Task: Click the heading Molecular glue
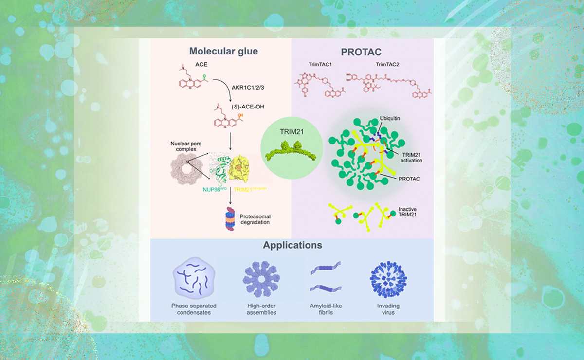[x=223, y=52]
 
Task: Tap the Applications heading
[x=292, y=245]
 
